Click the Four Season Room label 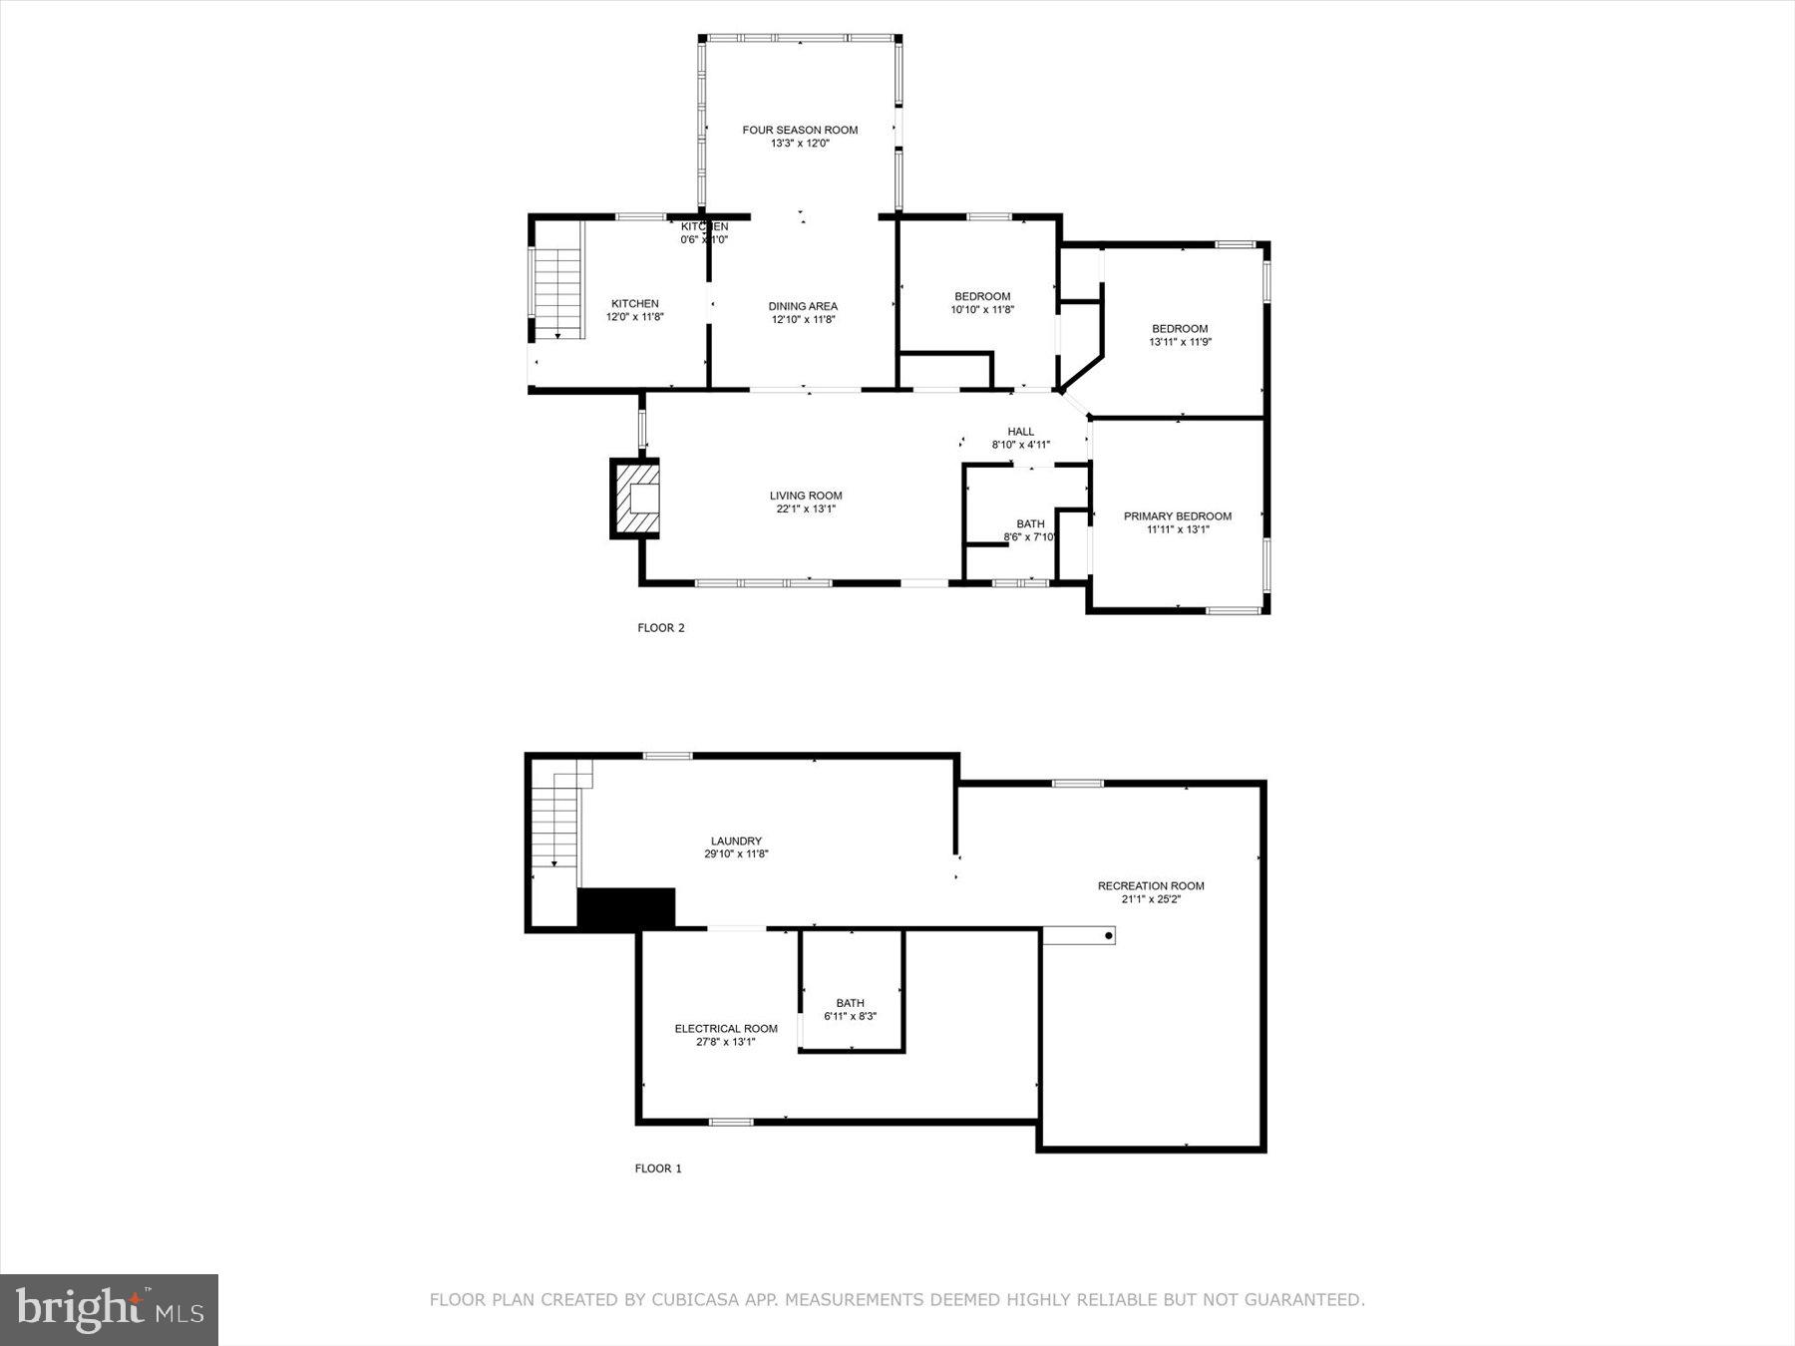pyautogui.click(x=800, y=130)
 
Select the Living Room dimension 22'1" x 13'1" pyautogui.click(x=806, y=509)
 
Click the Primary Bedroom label pyautogui.click(x=1177, y=516)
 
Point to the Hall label pyautogui.click(x=1020, y=432)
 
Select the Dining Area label pyautogui.click(x=803, y=306)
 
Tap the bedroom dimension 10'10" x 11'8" pyautogui.click(x=982, y=310)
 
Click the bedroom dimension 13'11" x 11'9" pyautogui.click(x=1180, y=342)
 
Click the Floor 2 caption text pyautogui.click(x=661, y=628)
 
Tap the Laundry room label pyautogui.click(x=736, y=841)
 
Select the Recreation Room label pyautogui.click(x=1151, y=885)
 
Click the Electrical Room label pyautogui.click(x=726, y=1029)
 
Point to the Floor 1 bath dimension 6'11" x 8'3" pyautogui.click(x=850, y=1017)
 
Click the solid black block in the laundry pyautogui.click(x=626, y=908)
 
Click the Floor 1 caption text pyautogui.click(x=658, y=1169)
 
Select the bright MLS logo pyautogui.click(x=109, y=1310)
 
